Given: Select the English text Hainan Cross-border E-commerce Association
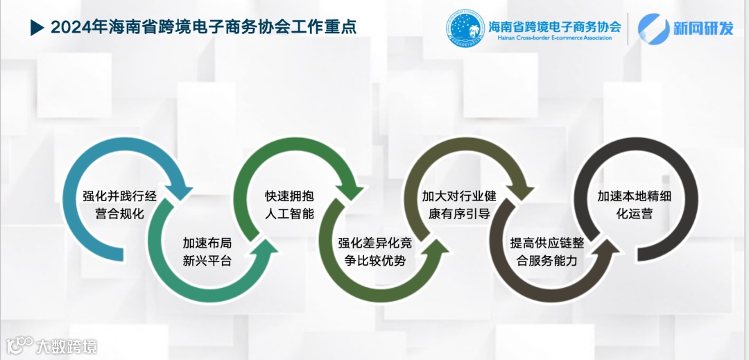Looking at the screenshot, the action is [555, 40].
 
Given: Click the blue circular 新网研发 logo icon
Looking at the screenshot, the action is [653, 29].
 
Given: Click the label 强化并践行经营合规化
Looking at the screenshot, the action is [119, 205].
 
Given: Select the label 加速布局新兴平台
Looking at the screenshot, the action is [207, 252].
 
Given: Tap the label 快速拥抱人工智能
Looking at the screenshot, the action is [289, 205].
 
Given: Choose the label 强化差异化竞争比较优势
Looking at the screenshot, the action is [375, 252].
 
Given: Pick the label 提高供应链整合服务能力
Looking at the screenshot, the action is [547, 252].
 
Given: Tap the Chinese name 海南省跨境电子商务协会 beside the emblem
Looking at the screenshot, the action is [555, 26].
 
